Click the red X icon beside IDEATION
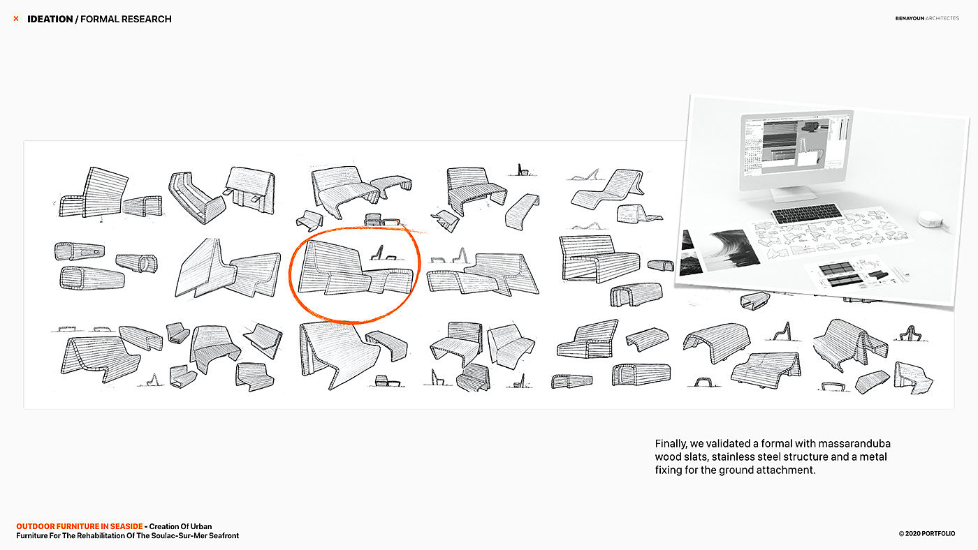point(16,19)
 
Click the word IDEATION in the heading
point(50,19)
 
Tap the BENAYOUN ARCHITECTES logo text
point(927,18)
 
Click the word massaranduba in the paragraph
point(854,444)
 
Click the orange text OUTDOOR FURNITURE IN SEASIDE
point(80,526)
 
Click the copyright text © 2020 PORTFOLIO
point(927,533)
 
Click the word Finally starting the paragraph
point(671,444)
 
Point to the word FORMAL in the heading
point(98,19)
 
